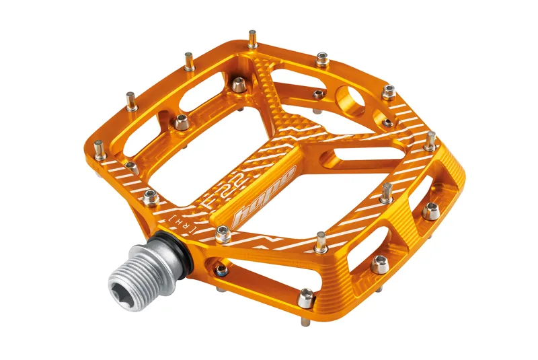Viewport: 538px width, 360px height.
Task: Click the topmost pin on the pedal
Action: (253, 39)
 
